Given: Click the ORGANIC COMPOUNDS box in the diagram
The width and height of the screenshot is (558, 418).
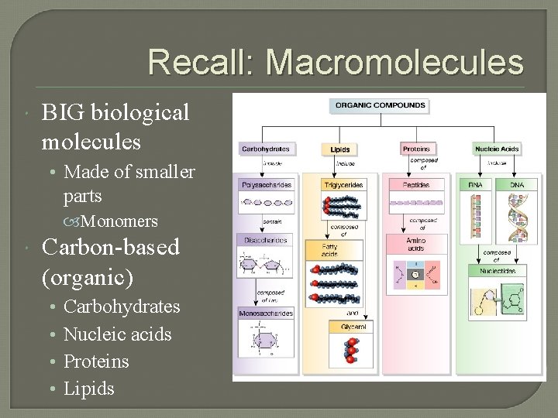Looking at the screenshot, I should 379,105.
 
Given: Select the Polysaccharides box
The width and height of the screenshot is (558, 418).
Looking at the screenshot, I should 266,186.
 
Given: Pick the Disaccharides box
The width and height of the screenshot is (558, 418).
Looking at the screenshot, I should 266,240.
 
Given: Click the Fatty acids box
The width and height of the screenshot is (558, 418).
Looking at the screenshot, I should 341,250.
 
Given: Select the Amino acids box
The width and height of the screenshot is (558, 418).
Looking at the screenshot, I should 417,245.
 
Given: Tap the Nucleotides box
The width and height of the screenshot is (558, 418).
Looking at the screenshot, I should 498,270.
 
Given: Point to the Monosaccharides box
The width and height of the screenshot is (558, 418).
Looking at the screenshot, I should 266,313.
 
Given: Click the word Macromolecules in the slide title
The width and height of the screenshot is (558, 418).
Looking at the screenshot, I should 394,63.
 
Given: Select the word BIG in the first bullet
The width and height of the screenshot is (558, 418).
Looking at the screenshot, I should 65,113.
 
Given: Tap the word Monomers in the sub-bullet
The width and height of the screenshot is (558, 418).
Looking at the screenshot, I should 119,221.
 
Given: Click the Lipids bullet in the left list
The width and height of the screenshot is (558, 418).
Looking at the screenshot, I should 88,389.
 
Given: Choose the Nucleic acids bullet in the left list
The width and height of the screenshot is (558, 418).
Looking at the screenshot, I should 117,334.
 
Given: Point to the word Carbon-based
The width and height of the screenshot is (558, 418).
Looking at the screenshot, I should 111,248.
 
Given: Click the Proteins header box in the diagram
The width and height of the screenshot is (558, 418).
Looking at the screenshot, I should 418,149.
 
